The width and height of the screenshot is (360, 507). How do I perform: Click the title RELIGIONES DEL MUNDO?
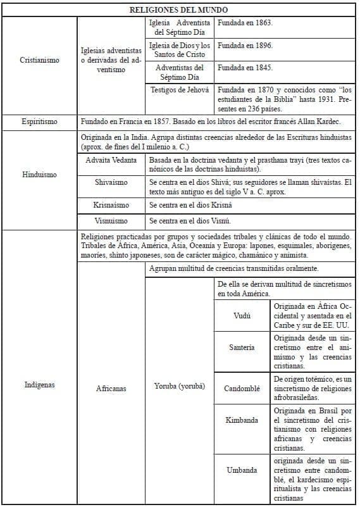point(179,10)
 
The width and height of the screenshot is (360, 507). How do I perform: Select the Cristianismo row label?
point(39,60)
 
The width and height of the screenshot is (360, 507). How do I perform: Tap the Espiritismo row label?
point(39,121)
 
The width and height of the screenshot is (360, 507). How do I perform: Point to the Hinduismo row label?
point(39,174)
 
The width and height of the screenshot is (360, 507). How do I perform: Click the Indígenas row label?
point(39,384)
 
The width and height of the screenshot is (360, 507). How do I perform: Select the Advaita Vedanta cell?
point(111,160)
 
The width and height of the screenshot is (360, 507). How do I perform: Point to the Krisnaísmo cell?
point(111,205)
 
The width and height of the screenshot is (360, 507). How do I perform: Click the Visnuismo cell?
point(111,221)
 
